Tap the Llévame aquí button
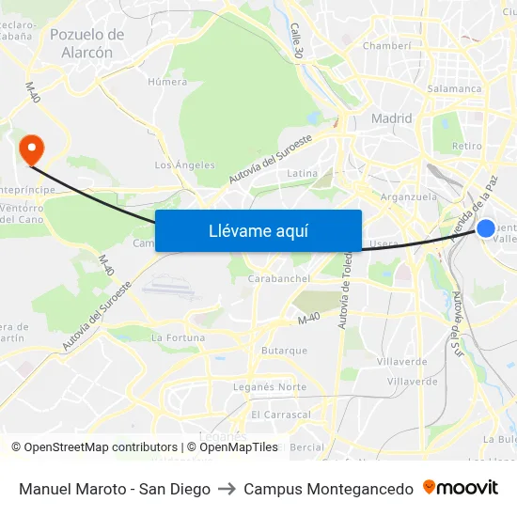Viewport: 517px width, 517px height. (258, 230)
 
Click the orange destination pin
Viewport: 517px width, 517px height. (31, 149)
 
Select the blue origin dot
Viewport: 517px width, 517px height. (486, 228)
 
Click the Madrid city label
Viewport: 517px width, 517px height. (392, 118)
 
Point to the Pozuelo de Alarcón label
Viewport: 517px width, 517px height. (86, 43)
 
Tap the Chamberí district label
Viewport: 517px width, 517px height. (386, 45)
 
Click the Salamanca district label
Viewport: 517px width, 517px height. (455, 88)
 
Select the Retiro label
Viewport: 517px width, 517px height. (466, 146)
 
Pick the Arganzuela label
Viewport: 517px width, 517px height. (409, 197)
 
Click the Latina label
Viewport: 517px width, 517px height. (302, 173)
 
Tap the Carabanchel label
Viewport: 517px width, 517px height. (278, 279)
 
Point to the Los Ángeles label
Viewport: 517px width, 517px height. (184, 165)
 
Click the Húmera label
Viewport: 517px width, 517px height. (167, 82)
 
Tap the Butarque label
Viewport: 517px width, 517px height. (284, 351)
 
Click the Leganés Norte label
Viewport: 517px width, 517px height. (278, 387)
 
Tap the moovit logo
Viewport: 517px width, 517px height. (461, 488)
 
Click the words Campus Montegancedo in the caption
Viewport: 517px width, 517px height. (328, 489)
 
